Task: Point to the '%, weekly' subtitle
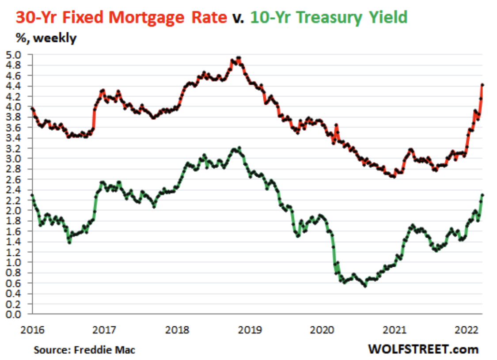click(x=46, y=38)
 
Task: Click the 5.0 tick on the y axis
click(x=13, y=55)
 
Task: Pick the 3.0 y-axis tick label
click(x=13, y=159)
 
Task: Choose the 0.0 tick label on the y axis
click(x=13, y=314)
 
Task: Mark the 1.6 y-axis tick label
click(x=13, y=231)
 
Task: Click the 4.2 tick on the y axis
click(x=13, y=97)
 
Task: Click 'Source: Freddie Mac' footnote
click(x=84, y=350)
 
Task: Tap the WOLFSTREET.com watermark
click(x=423, y=349)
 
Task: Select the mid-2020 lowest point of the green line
click(x=365, y=286)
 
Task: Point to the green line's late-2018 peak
click(x=239, y=148)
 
